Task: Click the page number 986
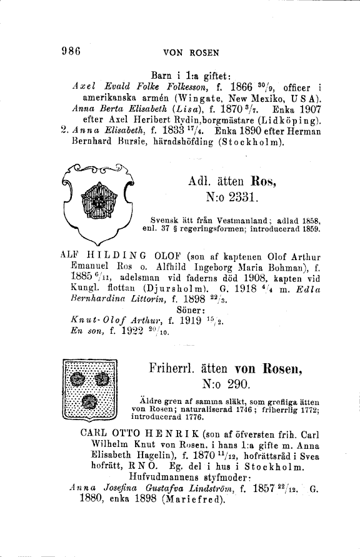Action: coord(71,52)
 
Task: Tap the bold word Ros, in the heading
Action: coord(266,182)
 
